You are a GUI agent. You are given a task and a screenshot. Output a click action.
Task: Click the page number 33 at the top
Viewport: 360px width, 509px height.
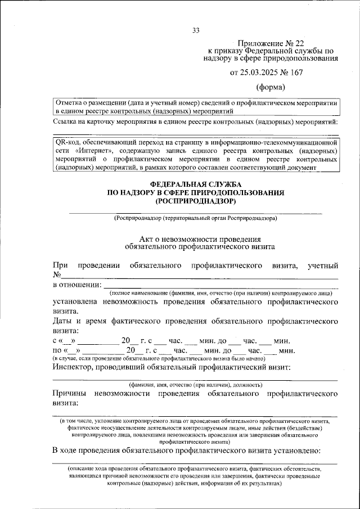[196, 30]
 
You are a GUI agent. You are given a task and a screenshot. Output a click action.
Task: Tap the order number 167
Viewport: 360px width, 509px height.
[300, 72]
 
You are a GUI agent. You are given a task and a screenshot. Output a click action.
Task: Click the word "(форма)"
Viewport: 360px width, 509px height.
[271, 87]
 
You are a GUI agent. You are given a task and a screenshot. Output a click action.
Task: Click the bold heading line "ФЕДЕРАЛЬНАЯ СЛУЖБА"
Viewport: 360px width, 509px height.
[196, 185]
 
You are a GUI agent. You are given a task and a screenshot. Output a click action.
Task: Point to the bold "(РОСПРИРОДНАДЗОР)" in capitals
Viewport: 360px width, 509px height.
[196, 200]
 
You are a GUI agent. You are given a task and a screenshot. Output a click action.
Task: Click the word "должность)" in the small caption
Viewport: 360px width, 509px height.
[245, 385]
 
